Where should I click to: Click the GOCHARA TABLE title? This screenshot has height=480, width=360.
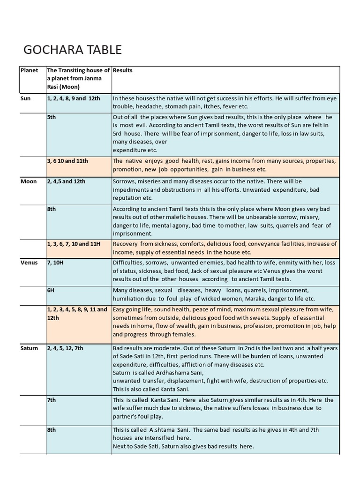(72, 49)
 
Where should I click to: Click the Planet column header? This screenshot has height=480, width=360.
(29, 70)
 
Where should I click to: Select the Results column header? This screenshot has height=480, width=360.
(123, 70)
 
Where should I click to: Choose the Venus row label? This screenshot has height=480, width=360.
(29, 262)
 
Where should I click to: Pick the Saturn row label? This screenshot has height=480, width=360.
(30, 348)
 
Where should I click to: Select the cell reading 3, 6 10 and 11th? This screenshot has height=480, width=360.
(67, 161)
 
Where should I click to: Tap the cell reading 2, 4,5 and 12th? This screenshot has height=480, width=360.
(66, 181)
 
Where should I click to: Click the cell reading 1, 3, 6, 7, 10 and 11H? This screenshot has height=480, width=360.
(74, 244)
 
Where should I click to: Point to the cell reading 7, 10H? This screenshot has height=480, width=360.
(55, 262)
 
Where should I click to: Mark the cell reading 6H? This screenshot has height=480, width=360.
(51, 290)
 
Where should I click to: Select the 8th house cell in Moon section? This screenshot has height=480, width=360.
(51, 209)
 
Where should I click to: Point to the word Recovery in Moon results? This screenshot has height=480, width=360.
(125, 244)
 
